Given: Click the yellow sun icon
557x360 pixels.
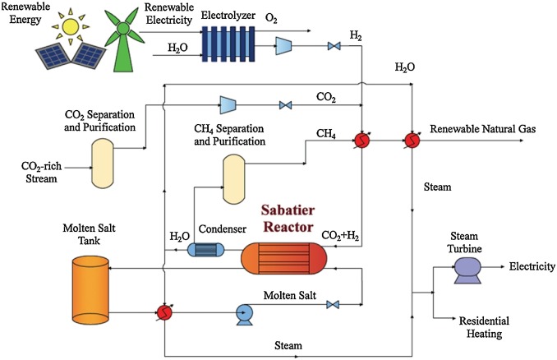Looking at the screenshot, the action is (71, 26).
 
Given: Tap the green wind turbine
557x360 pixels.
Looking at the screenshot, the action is (123, 39).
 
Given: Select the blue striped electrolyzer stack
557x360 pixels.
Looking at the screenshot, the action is (228, 44).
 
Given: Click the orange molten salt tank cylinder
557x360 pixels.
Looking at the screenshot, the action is (90, 288).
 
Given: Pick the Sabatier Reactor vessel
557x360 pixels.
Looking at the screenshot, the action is (283, 258).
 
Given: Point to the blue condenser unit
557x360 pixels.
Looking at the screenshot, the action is (205, 250).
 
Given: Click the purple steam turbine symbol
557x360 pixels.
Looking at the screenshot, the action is (467, 270).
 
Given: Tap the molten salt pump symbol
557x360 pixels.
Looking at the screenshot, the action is (245, 315).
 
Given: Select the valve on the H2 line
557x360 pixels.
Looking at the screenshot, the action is (334, 46).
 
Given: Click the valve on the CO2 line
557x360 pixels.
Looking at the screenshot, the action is (285, 105).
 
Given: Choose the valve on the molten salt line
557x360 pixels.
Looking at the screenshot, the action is (333, 305).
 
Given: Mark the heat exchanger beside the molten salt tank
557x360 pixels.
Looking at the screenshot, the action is (164, 312).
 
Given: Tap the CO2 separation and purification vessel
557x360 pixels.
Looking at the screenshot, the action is (103, 163).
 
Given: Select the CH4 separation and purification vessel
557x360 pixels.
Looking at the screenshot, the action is (234, 179).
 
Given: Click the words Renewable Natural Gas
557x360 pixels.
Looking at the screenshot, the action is (483, 129).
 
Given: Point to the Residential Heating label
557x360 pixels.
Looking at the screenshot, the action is (484, 327).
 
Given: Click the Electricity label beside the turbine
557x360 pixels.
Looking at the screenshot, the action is (532, 266).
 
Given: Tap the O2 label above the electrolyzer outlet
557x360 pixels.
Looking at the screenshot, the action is (271, 18).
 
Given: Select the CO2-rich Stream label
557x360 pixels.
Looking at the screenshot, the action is (42, 172).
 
